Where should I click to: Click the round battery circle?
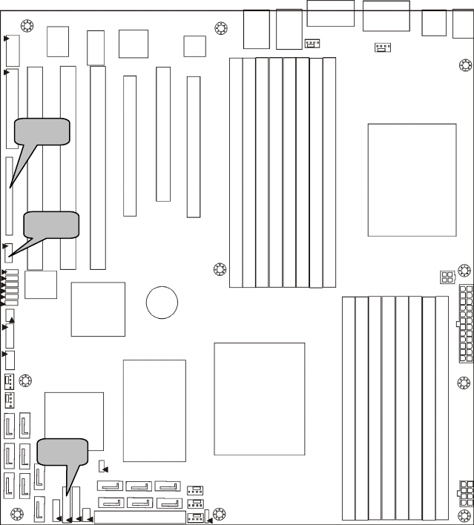point(162,302)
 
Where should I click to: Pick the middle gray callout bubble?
point(51,225)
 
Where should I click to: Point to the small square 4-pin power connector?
point(446,277)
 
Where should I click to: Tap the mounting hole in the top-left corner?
point(27,27)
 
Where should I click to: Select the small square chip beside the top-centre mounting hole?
point(194,45)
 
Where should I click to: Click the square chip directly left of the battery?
point(98,309)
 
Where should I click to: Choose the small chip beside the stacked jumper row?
point(41,285)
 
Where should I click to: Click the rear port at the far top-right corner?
point(462,23)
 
